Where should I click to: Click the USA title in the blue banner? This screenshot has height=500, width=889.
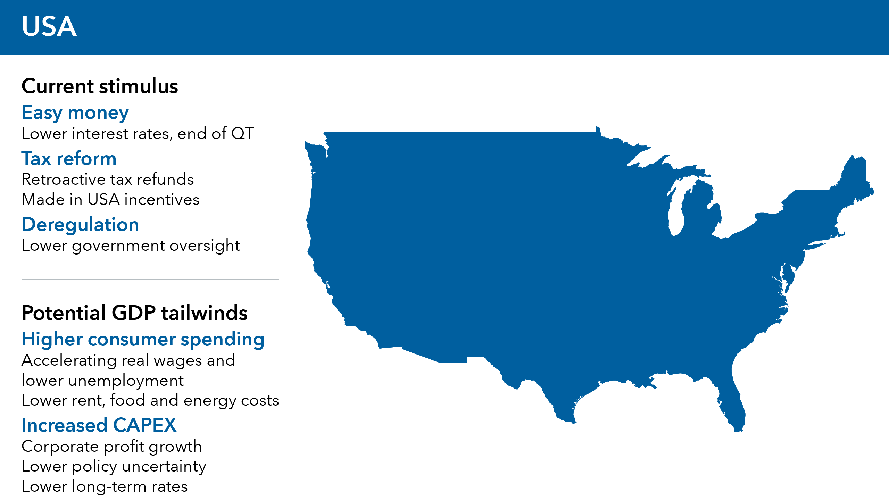(x=49, y=26)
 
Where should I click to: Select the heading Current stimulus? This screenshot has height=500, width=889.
(x=100, y=86)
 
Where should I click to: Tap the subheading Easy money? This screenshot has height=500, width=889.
(x=75, y=113)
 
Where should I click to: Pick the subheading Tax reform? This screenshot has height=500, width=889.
(x=69, y=159)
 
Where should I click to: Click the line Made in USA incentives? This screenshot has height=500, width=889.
(x=110, y=200)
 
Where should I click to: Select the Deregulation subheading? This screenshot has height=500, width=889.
(x=80, y=225)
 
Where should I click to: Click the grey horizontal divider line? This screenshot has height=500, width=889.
(x=150, y=279)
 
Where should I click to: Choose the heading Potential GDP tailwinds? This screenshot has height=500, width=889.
(x=134, y=313)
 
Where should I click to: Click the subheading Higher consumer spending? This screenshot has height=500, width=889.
(x=143, y=340)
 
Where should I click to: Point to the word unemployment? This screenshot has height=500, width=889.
(x=126, y=381)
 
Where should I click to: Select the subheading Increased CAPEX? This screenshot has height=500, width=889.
(x=99, y=425)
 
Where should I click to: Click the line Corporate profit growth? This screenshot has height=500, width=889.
(x=111, y=447)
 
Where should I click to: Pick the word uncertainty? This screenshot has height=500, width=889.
(x=164, y=467)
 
